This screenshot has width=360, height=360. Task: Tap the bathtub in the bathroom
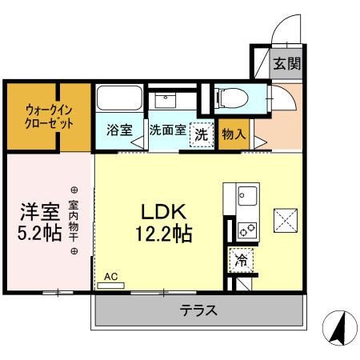click(120, 102)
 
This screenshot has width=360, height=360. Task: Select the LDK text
click(164, 212)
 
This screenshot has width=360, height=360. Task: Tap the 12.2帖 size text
click(164, 235)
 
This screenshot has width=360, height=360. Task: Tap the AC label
click(110, 277)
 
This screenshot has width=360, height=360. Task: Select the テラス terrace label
click(198, 310)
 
